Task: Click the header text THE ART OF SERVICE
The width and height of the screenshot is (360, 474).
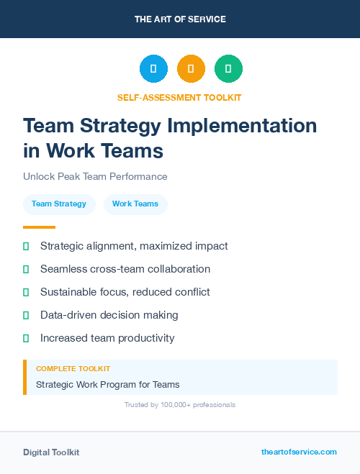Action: click(180, 19)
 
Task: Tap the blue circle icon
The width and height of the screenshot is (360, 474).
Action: click(153, 68)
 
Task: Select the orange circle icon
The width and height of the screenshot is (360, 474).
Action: click(191, 68)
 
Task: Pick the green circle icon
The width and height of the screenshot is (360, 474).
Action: click(228, 68)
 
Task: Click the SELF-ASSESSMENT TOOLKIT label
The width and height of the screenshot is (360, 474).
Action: click(180, 97)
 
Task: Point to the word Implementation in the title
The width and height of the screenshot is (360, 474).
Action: click(242, 126)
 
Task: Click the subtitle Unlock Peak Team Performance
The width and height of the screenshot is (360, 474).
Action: click(95, 176)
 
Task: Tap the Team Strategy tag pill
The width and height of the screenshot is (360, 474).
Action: click(59, 204)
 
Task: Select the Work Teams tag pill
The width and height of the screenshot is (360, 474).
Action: click(135, 204)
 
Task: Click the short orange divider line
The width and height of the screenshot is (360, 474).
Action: click(39, 227)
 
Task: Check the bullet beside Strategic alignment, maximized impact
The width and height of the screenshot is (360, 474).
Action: click(26, 246)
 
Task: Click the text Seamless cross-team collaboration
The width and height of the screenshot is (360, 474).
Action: click(125, 269)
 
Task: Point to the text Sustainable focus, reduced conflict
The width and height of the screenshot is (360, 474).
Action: click(125, 292)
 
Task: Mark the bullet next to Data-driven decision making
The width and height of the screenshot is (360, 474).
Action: click(26, 315)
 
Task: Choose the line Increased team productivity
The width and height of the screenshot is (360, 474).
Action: click(107, 338)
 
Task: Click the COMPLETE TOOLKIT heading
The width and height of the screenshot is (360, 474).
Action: click(73, 368)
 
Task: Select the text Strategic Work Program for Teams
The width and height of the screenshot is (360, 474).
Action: click(107, 384)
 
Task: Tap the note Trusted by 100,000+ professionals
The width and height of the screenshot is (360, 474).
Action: click(180, 405)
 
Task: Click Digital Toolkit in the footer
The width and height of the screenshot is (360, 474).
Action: click(51, 452)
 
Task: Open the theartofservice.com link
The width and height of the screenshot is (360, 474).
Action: click(299, 452)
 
